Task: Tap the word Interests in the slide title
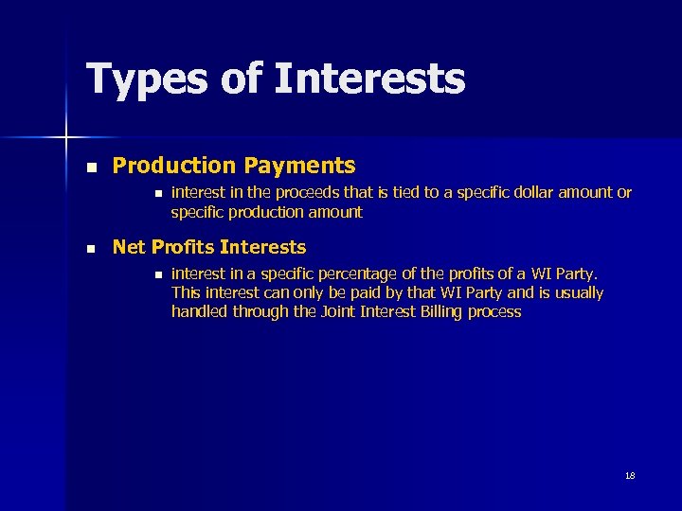tap(370, 79)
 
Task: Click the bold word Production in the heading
tap(173, 166)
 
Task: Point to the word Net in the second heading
tap(130, 248)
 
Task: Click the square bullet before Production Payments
tap(91, 167)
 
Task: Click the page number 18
tap(630, 475)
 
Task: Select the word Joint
tap(338, 311)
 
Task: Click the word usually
tap(576, 293)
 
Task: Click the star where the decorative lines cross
tap(66, 138)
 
